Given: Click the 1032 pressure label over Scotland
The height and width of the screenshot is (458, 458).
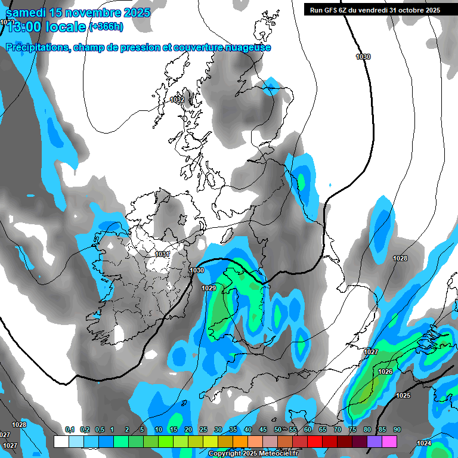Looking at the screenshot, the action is pos(177,100).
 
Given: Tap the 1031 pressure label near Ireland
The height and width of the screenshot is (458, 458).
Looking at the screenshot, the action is pos(162,254).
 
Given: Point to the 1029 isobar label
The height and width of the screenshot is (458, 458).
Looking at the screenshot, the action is pos(209,288).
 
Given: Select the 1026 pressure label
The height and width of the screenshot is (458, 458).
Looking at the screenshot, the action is pos(385,372).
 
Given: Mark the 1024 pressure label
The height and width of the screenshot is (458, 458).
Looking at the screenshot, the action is pos(424,443).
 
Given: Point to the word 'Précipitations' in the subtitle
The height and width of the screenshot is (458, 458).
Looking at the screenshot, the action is pos(38,48).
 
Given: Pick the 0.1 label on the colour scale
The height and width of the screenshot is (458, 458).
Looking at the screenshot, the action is pos(69,430).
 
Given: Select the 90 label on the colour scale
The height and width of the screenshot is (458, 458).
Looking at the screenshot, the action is pos(397,430).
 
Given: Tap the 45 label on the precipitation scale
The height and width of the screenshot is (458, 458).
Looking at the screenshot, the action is pos(262,430).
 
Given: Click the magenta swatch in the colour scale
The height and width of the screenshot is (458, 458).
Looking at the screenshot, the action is pos(389,441).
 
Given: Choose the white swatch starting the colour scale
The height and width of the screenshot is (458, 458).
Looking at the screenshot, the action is pos(61,441).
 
